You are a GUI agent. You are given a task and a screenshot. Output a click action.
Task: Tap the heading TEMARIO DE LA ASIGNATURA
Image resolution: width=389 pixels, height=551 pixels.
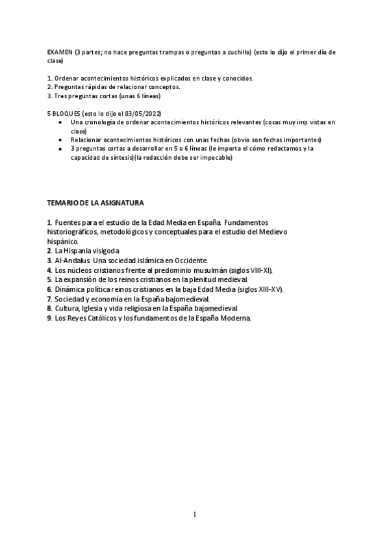coord(95,203)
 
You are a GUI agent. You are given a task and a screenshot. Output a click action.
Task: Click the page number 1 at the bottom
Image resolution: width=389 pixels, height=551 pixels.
coord(194,515)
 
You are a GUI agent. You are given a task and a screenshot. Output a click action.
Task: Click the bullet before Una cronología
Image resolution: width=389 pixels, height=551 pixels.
coord(60,122)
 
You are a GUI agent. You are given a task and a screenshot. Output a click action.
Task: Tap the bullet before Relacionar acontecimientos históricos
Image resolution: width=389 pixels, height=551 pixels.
coord(60,140)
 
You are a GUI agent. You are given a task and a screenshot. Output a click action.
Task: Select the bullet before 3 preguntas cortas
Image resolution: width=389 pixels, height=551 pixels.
coord(60,149)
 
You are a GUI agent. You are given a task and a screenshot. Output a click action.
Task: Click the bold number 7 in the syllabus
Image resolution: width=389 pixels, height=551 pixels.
coord(49,299)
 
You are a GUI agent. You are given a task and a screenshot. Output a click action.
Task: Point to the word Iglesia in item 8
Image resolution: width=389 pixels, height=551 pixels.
coord(91,309)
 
